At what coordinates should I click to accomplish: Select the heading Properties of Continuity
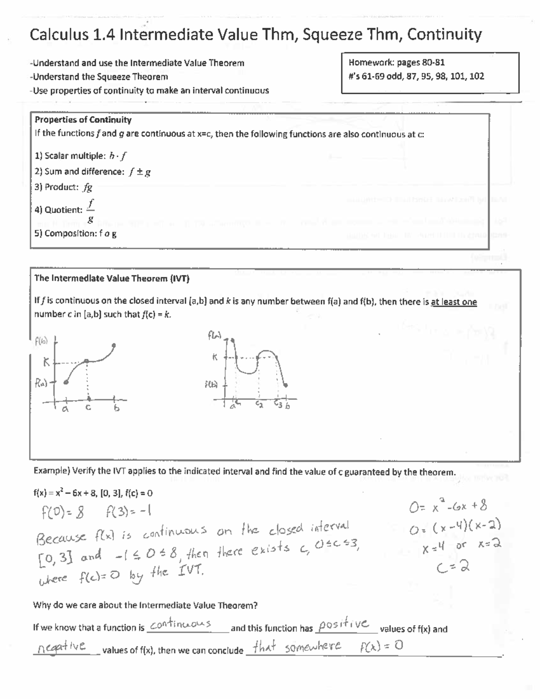pos(83,120)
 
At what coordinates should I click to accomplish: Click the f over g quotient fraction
pos(91,210)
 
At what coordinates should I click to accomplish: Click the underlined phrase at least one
pos(454,302)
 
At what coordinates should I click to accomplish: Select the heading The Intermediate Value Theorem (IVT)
pos(112,278)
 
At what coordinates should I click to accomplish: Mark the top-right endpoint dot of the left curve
pos(114,346)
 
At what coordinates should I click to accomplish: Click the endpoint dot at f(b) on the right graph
pos(286,384)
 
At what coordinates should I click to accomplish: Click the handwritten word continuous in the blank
pos(180,624)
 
